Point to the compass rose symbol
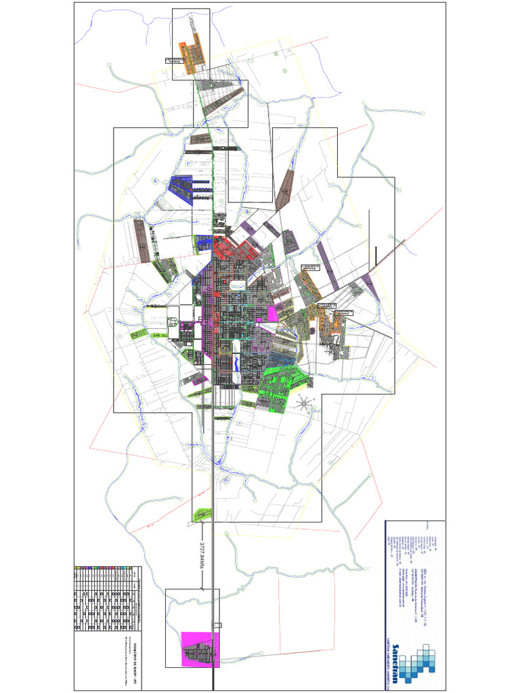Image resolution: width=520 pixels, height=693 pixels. point(305,405)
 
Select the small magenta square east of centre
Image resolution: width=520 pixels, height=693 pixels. point(273,313)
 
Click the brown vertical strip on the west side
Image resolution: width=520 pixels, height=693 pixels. point(141,240)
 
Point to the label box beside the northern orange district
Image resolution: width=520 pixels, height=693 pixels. point(175,60)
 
